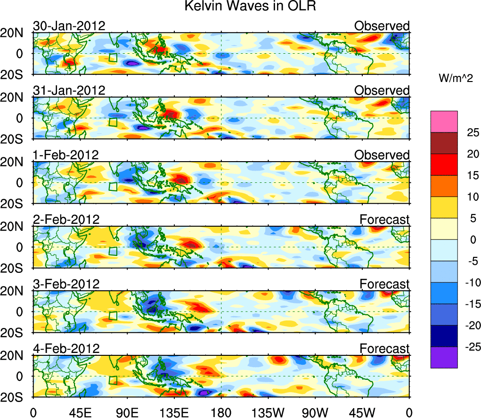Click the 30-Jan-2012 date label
(69, 26)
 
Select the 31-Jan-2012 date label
(69, 90)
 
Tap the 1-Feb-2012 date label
(65, 155)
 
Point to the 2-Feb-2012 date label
(66, 219)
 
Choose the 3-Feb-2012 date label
(66, 284)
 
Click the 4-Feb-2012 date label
(66, 348)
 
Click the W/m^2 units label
(456, 79)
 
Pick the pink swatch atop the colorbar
(443, 122)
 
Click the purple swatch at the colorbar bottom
(443, 358)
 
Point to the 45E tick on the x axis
(80, 413)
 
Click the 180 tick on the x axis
(221, 413)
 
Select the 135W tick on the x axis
(268, 413)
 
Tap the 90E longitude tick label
(127, 413)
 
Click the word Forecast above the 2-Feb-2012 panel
(384, 219)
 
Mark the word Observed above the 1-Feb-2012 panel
(382, 155)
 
